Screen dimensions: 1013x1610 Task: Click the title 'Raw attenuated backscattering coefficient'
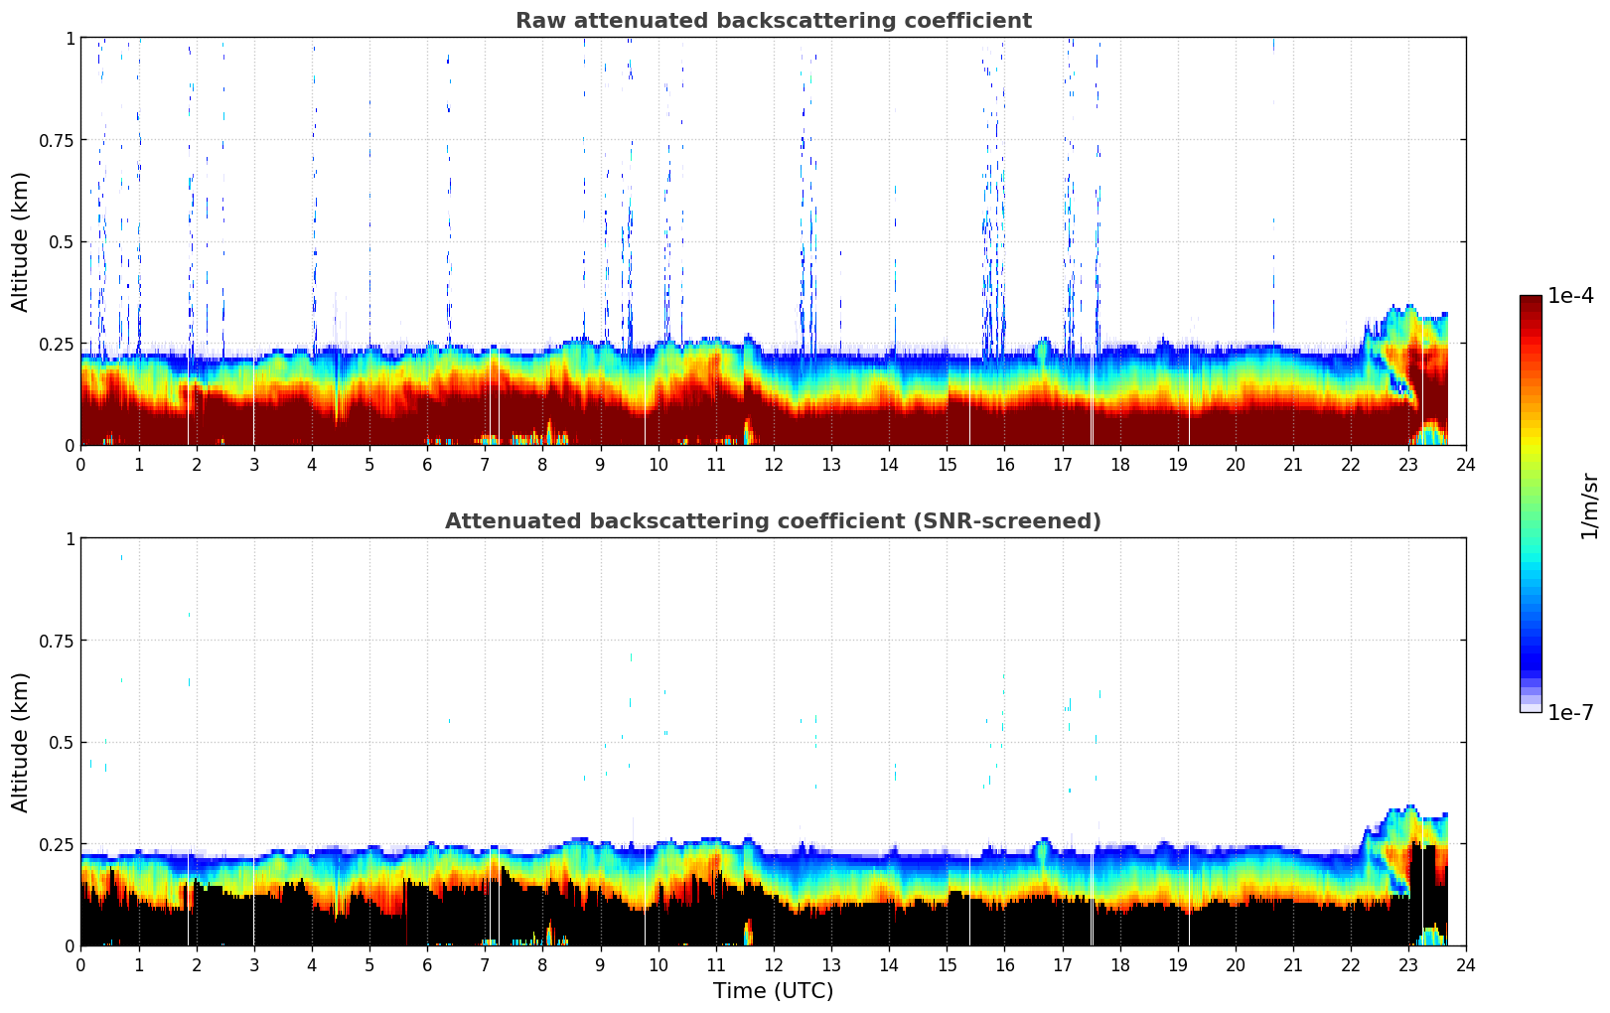(x=773, y=21)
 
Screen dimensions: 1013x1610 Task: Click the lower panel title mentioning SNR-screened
(x=773, y=521)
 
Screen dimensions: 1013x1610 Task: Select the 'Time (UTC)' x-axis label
(x=773, y=991)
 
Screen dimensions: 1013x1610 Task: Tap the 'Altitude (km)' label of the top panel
(x=21, y=241)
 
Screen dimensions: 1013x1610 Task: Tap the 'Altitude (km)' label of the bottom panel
(x=21, y=742)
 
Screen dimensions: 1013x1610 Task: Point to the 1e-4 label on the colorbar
(x=1570, y=296)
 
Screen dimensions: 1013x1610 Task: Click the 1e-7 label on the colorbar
(x=1570, y=712)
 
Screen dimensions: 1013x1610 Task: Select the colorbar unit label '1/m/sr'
(x=1589, y=506)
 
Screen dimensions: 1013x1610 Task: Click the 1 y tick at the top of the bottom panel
(x=70, y=539)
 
